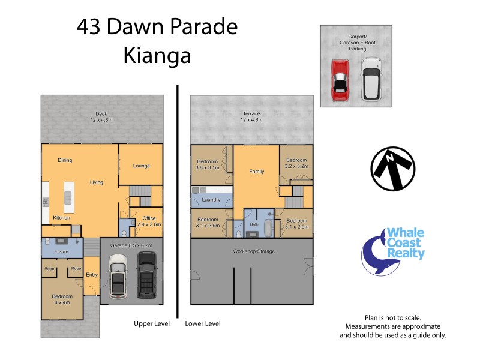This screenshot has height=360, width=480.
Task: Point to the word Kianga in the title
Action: [x=157, y=55]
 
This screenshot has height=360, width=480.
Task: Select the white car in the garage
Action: [x=119, y=277]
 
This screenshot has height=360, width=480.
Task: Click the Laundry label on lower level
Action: [x=211, y=200]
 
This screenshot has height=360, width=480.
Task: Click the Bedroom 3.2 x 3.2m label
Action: [x=296, y=164]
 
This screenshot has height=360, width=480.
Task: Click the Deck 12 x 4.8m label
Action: [x=101, y=117]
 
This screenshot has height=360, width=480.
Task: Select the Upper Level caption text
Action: [x=152, y=323]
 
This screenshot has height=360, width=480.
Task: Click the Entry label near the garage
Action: [x=92, y=275]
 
